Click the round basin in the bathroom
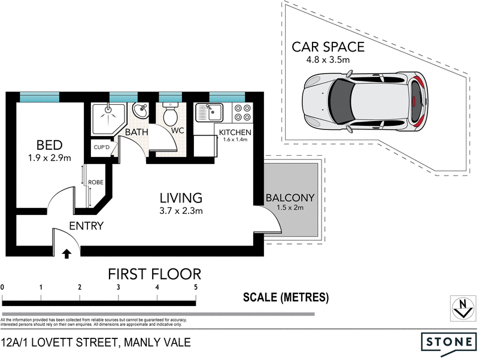(x=141, y=111)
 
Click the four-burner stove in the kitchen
(x=242, y=112)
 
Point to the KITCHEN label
(x=235, y=132)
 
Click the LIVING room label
(x=181, y=197)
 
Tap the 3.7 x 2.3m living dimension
(x=181, y=210)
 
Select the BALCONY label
(x=290, y=197)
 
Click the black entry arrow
(x=66, y=254)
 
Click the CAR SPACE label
(x=328, y=46)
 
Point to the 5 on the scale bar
(x=196, y=288)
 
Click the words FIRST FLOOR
(x=154, y=274)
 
